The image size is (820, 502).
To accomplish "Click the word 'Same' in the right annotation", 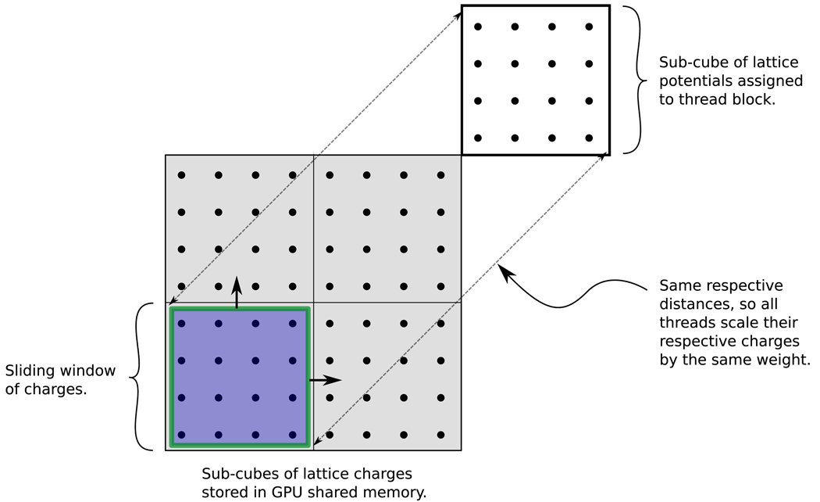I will [x=679, y=285].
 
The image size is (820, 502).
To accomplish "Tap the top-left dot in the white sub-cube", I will [x=478, y=27].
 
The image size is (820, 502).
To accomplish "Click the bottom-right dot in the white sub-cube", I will [x=589, y=138].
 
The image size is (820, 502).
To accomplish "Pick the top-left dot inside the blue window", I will [x=181, y=323].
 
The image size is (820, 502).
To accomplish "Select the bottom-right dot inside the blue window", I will [x=292, y=434].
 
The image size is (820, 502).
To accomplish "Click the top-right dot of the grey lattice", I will [x=440, y=175].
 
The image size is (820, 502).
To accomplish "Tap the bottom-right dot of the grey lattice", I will [x=440, y=434].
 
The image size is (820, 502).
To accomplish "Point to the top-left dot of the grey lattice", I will [x=181, y=175].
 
